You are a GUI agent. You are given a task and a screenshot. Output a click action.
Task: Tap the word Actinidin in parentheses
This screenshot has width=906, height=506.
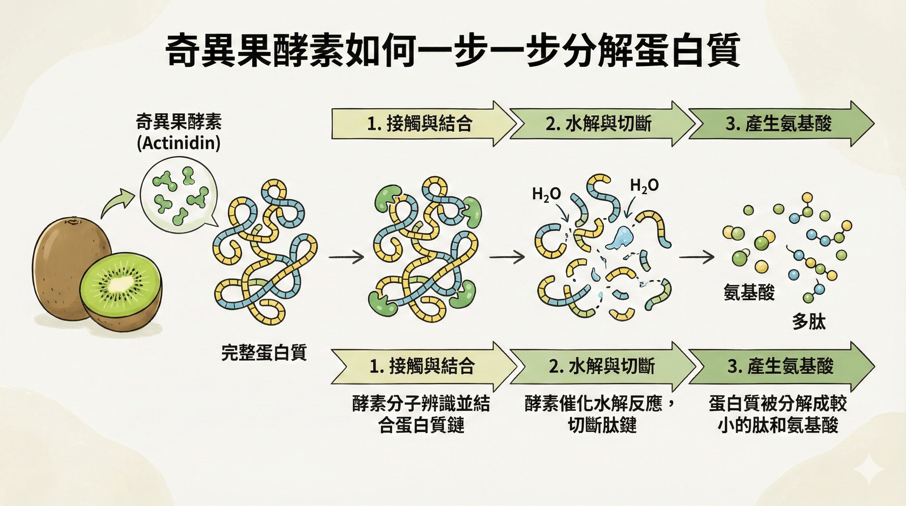tap(179, 143)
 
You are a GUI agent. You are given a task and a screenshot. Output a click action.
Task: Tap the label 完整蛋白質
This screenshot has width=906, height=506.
tap(264, 352)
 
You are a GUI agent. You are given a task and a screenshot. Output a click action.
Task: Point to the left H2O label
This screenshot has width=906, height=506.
tap(546, 194)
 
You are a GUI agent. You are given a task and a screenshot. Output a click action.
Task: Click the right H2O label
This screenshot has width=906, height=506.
tap(644, 186)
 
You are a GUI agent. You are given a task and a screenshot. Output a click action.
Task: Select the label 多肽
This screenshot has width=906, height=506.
tap(809, 322)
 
